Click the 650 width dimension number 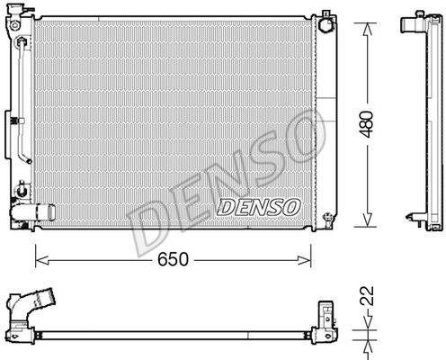pos(173,259)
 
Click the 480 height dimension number pos(367,124)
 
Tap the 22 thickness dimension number pos(367,296)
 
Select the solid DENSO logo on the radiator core pos(258,207)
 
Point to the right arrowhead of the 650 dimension pos(304,260)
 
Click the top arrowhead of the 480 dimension pos(368,30)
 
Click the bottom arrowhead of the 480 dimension pos(368,220)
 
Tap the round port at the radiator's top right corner pos(326,25)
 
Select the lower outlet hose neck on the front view pos(33,212)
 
